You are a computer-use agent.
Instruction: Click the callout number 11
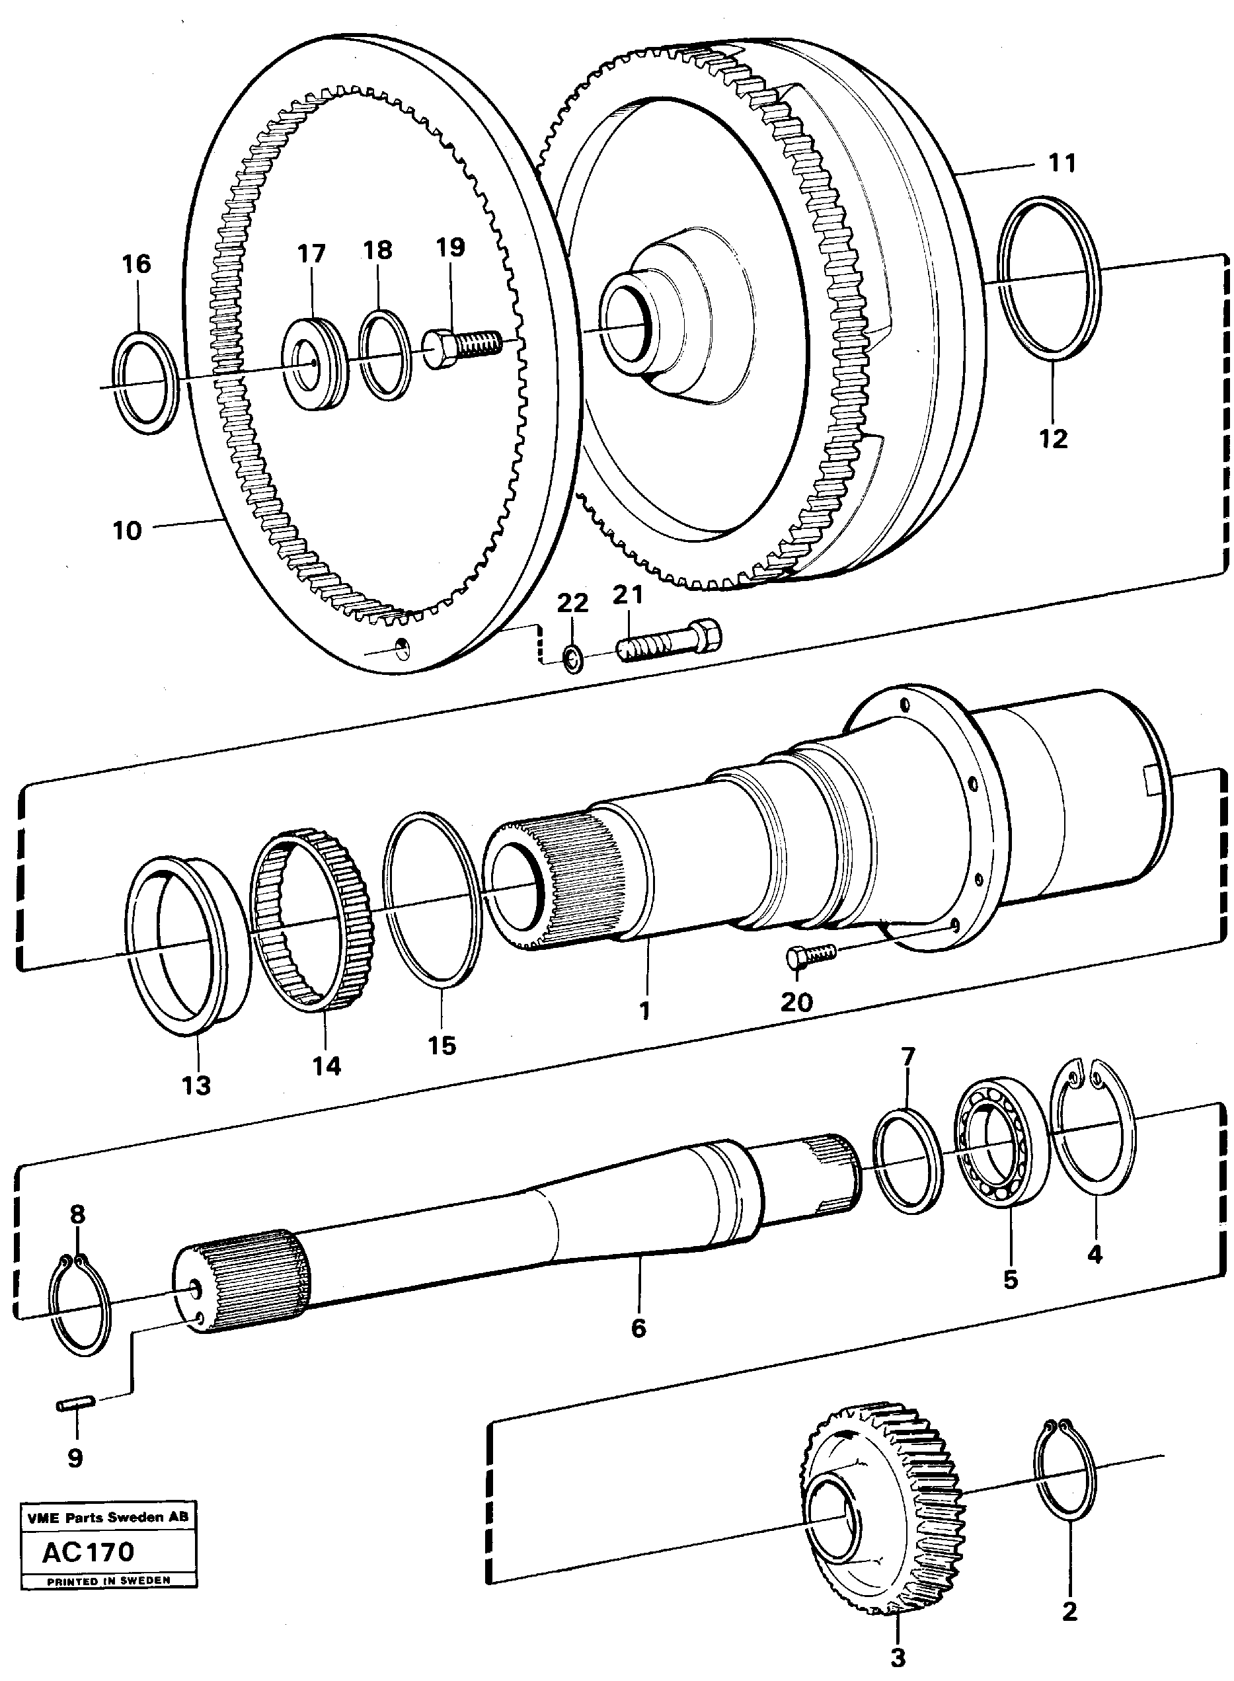(x=1062, y=162)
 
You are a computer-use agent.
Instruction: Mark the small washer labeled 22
(x=573, y=659)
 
